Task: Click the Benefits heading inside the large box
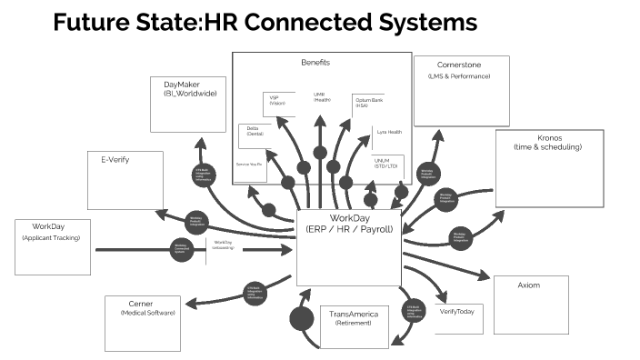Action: click(x=315, y=63)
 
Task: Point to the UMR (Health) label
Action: click(x=322, y=96)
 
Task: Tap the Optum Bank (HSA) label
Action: click(x=367, y=102)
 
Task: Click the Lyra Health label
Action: click(x=388, y=132)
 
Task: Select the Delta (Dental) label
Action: click(x=253, y=132)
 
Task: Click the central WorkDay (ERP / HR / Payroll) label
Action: click(x=350, y=223)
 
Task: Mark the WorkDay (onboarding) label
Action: click(x=223, y=245)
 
